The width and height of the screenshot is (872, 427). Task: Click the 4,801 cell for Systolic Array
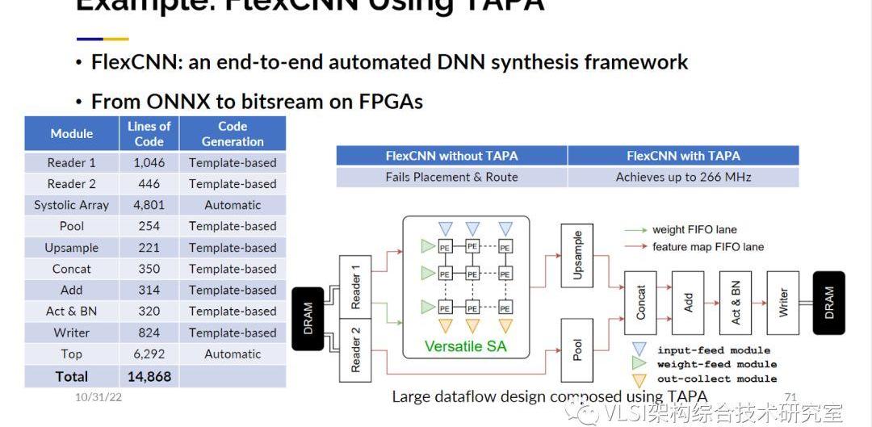pyautogui.click(x=149, y=205)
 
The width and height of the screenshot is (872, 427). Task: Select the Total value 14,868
pyautogui.click(x=149, y=376)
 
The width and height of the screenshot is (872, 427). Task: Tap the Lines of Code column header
pyautogui.click(x=149, y=133)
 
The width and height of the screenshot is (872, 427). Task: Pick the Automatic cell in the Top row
pyautogui.click(x=233, y=354)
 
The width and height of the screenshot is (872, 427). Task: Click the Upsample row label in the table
pyautogui.click(x=72, y=248)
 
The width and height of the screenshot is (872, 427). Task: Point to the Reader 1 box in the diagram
pyautogui.click(x=356, y=290)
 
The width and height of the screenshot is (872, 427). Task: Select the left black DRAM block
pyautogui.click(x=308, y=319)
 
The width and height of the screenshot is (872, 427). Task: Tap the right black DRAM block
pyautogui.click(x=828, y=303)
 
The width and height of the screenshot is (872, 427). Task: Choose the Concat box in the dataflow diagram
pyautogui.click(x=641, y=303)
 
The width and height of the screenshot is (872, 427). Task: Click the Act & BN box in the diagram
pyautogui.click(x=736, y=303)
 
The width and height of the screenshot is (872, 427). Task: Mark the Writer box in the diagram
pyautogui.click(x=782, y=303)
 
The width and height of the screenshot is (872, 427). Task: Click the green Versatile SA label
pyautogui.click(x=465, y=347)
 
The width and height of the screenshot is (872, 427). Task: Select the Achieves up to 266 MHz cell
pyautogui.click(x=683, y=177)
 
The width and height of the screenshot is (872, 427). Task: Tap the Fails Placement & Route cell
pyautogui.click(x=451, y=177)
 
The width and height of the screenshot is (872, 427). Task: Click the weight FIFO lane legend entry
pyautogui.click(x=694, y=230)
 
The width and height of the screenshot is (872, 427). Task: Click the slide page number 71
pyautogui.click(x=790, y=396)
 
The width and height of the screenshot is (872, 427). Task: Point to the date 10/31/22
pyautogui.click(x=99, y=397)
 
